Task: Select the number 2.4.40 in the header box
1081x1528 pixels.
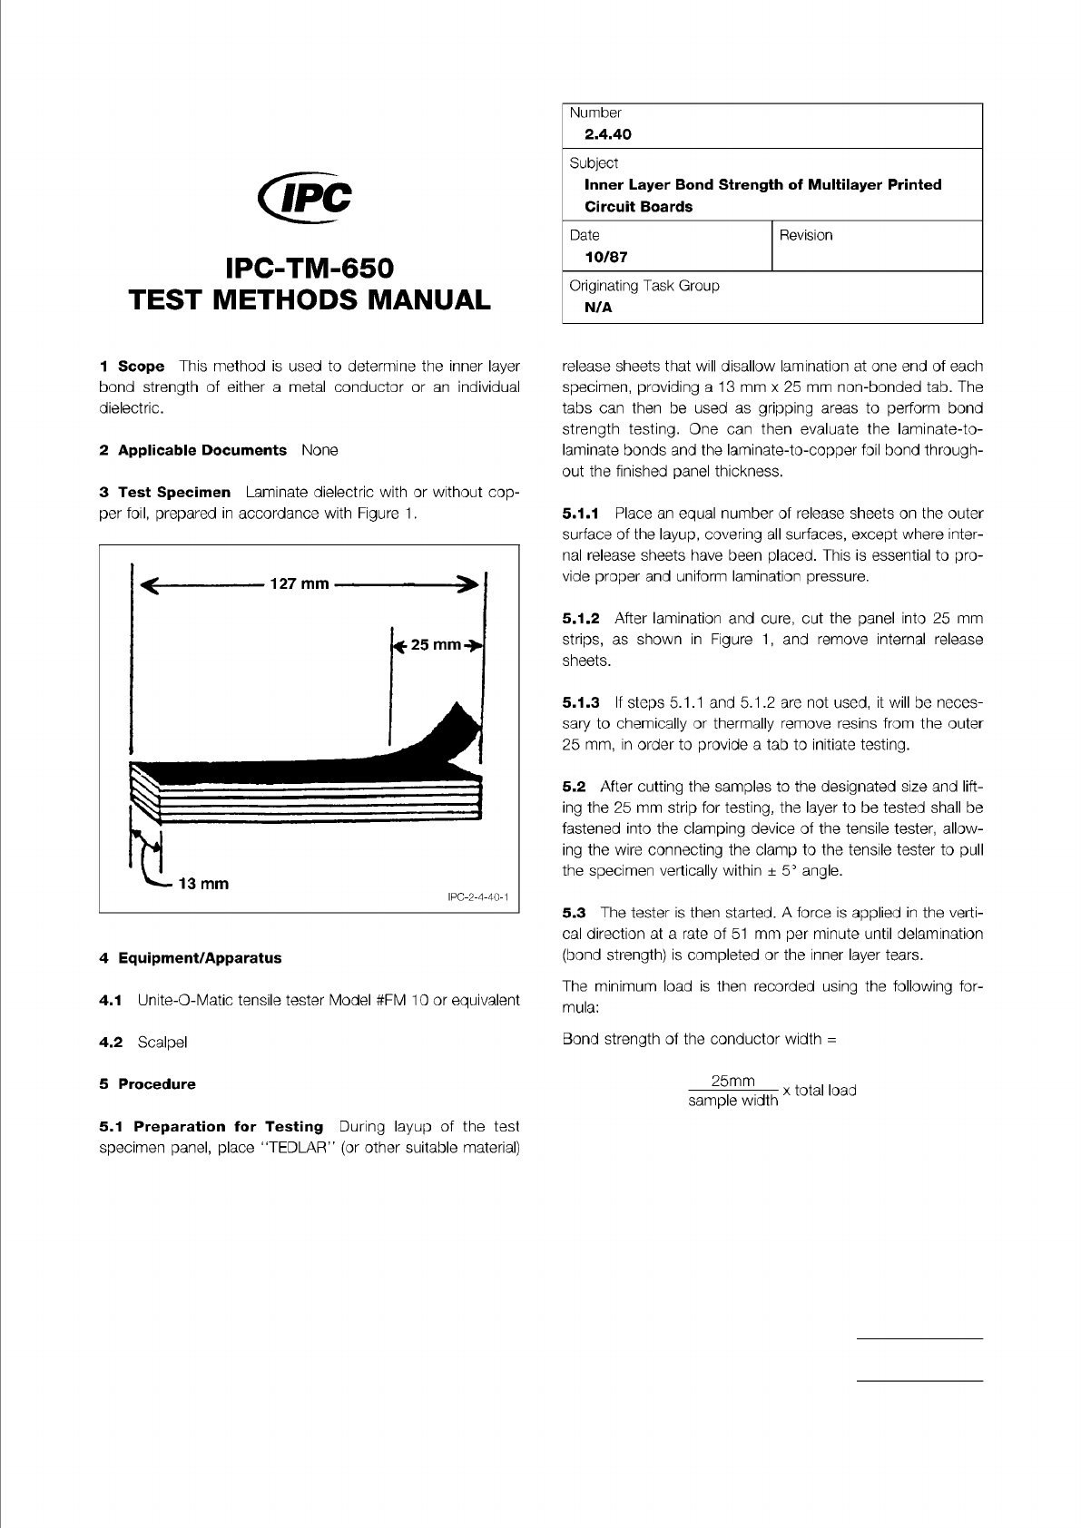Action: (x=607, y=134)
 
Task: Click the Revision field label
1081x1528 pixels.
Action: (x=805, y=235)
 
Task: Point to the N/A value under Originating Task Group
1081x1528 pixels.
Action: (x=598, y=307)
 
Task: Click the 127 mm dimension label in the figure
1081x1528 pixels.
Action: (x=300, y=583)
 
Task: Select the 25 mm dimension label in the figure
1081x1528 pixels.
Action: (x=437, y=645)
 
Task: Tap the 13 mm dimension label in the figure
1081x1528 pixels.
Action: (x=203, y=883)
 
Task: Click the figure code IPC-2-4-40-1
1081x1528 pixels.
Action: (x=478, y=897)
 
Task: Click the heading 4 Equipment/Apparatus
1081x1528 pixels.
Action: (x=190, y=957)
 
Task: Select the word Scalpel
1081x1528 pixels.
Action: (x=162, y=1042)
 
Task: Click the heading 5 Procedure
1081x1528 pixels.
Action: (x=147, y=1083)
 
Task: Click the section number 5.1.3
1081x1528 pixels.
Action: (x=581, y=702)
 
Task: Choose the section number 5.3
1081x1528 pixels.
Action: (x=574, y=912)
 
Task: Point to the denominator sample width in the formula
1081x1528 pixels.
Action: (x=732, y=1101)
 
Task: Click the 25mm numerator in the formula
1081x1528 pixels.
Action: (x=732, y=1081)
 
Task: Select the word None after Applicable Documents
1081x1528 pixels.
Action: (x=319, y=450)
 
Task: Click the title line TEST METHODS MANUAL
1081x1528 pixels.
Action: (x=310, y=299)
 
